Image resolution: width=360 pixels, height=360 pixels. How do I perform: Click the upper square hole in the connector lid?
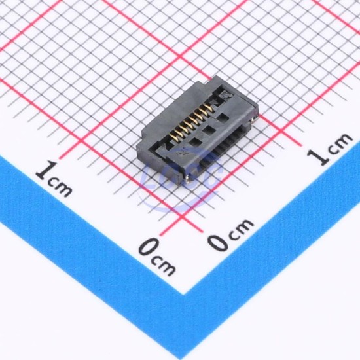coord(222,118)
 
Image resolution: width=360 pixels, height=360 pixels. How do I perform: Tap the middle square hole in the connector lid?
coord(208,130)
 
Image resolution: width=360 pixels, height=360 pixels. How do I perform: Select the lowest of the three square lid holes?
coord(195,143)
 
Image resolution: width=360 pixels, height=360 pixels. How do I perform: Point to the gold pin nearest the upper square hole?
coord(209,109)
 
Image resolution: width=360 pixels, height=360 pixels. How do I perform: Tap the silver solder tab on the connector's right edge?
coord(253,119)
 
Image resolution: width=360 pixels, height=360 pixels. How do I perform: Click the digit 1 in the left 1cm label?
coord(47,170)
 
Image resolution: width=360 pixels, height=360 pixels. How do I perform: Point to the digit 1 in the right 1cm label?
coord(318,157)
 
